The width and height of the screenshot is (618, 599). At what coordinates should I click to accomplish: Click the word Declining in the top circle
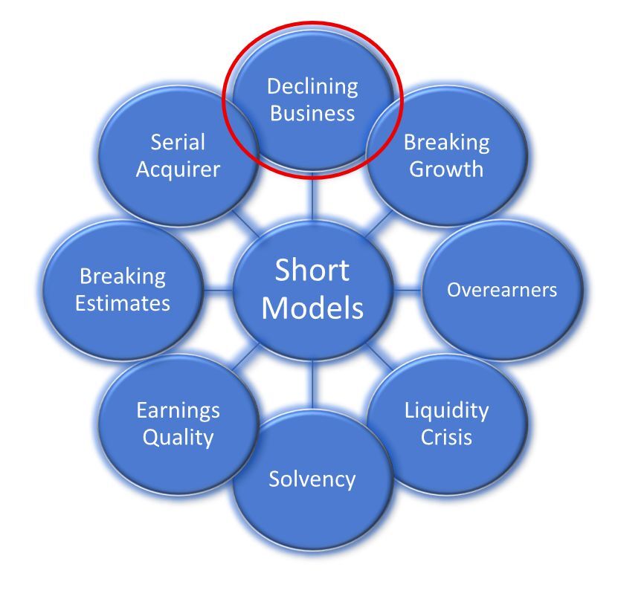click(312, 87)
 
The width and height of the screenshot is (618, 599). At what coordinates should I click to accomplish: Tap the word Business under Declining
click(312, 114)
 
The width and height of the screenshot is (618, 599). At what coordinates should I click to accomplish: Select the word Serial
click(178, 142)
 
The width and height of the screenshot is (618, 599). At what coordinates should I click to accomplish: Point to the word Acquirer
click(178, 169)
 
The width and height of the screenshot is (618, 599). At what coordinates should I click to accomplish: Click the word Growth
click(446, 169)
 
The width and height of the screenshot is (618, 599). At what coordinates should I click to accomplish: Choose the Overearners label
click(501, 290)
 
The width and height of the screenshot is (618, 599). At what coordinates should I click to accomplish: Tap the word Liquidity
click(446, 410)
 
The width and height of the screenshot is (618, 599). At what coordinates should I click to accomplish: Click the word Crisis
click(446, 437)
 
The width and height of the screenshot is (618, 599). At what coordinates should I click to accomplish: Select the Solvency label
click(312, 479)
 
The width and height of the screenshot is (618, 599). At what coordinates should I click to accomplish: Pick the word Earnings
click(178, 410)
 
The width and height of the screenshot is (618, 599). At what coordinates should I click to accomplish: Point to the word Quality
click(178, 437)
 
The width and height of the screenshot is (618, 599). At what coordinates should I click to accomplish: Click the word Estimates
click(123, 303)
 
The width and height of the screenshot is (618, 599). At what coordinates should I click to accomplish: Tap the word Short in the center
click(312, 271)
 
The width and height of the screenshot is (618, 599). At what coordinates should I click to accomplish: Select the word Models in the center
click(312, 307)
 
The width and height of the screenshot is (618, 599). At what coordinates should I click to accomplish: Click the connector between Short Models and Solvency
click(312, 388)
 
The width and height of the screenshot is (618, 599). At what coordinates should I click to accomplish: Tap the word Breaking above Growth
click(446, 142)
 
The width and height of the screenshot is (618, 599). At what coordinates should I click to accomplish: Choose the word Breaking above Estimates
click(123, 276)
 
